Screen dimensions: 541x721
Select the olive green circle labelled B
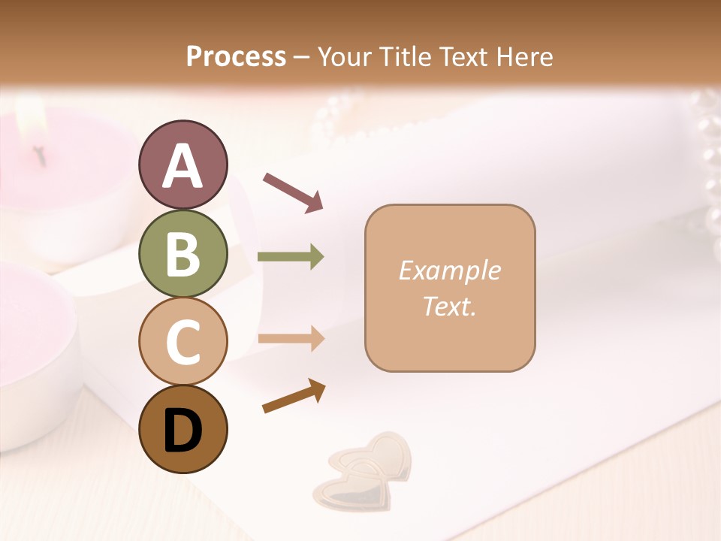[183, 254]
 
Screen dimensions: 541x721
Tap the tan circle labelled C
[183, 342]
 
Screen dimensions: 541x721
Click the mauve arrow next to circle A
[293, 192]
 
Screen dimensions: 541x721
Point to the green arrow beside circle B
[291, 257]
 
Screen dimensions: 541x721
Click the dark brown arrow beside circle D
[294, 396]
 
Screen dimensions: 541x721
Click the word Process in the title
[236, 56]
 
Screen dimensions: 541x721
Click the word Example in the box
[449, 270]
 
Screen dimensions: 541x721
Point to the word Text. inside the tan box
[449, 306]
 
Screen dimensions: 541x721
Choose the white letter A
[183, 165]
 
